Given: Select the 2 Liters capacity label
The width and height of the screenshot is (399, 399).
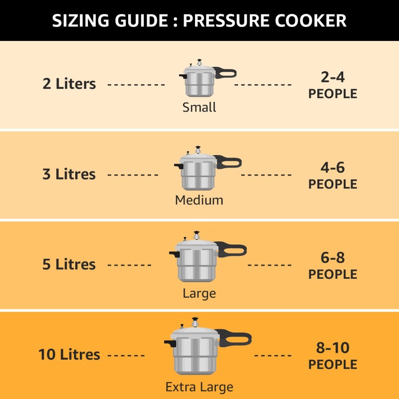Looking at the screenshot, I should pos(69,84).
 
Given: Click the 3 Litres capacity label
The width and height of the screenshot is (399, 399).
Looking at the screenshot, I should pos(69,174).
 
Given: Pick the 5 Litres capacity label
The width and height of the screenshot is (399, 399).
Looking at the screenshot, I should pos(69,264).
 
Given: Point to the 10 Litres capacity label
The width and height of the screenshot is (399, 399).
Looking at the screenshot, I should pos(69,355).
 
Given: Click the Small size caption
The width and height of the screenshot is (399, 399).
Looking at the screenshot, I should pos(199,107).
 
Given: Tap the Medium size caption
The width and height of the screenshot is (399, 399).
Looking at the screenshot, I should pos(199,200).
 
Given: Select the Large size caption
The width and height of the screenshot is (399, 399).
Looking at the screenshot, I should pos(199,293).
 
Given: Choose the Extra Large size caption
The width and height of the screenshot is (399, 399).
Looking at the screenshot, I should pos(199,387).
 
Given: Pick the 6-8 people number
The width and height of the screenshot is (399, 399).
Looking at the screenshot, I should pos(333,258).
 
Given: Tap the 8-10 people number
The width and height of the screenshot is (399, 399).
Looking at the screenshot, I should pos(333,348).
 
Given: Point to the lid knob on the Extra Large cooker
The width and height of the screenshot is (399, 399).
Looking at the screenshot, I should pos(195,319).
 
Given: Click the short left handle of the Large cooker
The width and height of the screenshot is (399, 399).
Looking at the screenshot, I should pos(173,254).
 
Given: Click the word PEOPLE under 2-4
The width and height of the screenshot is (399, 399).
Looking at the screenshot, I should pos(333,94).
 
